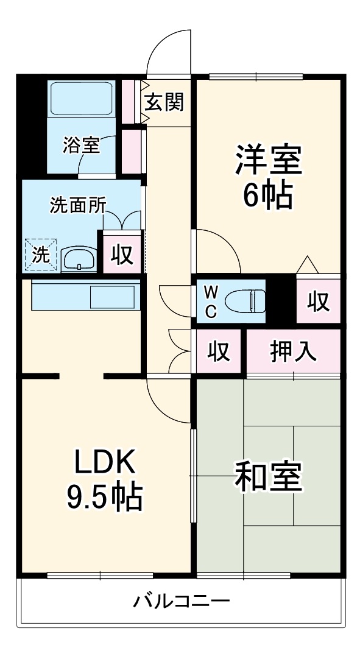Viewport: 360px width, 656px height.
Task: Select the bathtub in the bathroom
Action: (x=82, y=97)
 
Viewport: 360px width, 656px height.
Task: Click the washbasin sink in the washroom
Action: (x=79, y=259)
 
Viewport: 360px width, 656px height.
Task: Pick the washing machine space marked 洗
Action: (x=40, y=255)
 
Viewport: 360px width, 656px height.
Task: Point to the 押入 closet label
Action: (x=294, y=351)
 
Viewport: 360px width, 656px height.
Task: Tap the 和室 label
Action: (x=268, y=477)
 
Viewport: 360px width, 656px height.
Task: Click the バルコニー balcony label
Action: (x=182, y=602)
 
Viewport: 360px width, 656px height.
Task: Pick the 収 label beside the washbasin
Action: (x=122, y=255)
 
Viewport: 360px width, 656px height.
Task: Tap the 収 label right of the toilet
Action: (x=317, y=301)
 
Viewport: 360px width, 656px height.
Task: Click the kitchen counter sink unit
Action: (x=86, y=297)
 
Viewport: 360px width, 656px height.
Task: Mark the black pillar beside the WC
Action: (x=281, y=300)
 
